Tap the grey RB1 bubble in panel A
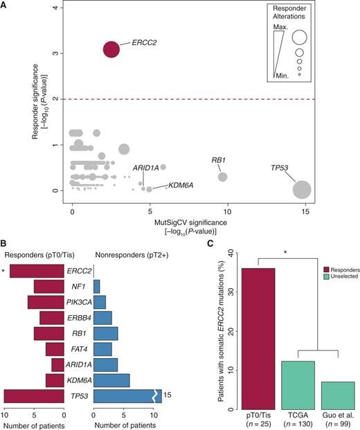click(222, 177)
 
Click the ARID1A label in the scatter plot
click(146, 168)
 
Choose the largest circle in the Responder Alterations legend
click(299, 37)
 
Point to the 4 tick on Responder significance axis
click(63, 8)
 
